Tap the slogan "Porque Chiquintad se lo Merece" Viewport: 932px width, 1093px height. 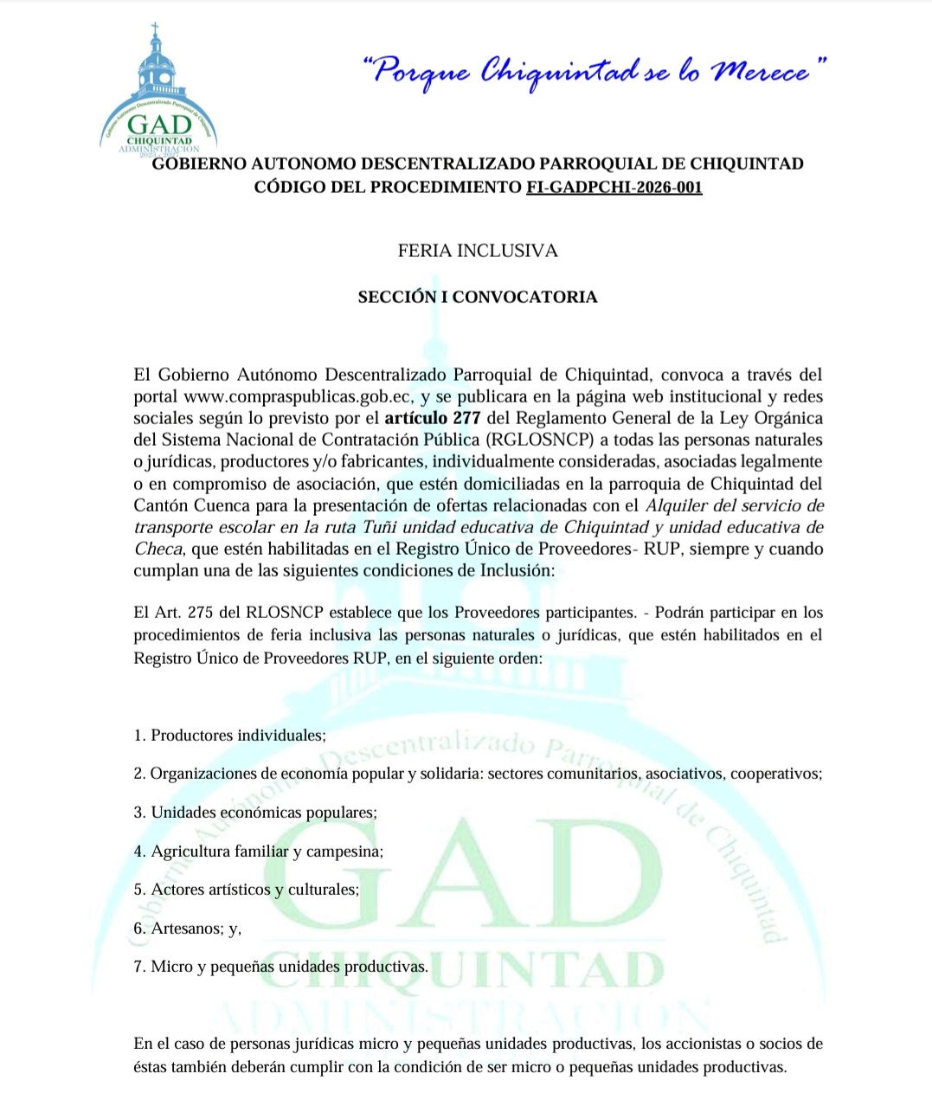tap(594, 71)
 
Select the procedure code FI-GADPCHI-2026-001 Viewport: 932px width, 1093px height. tap(614, 187)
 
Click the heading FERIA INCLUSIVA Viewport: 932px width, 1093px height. tap(478, 251)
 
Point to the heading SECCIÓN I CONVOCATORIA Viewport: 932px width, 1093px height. tap(478, 297)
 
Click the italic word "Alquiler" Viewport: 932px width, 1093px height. tap(679, 505)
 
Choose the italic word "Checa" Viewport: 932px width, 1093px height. tap(157, 549)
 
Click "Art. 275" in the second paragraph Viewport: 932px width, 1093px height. tap(184, 613)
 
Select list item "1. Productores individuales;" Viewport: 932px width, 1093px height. tap(229, 736)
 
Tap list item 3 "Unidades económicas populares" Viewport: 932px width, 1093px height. tap(255, 813)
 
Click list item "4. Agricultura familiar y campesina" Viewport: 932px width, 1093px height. tap(258, 852)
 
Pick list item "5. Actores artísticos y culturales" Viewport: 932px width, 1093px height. tap(246, 890)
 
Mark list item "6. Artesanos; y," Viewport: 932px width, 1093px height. tap(187, 929)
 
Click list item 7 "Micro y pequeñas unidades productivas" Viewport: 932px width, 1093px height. tap(280, 967)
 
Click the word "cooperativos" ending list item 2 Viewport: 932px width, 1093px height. tap(775, 774)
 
